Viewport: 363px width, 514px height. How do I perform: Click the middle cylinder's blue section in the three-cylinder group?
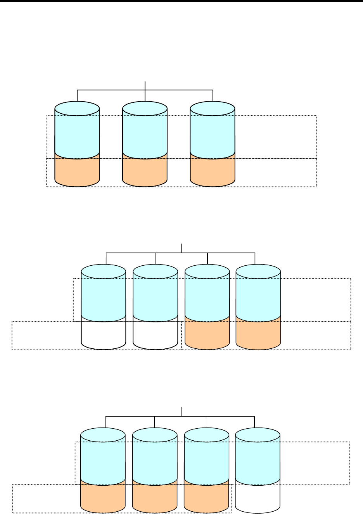(x=145, y=134)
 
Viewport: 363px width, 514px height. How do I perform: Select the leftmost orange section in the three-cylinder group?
(x=77, y=171)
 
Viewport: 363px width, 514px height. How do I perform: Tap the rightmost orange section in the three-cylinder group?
(x=213, y=171)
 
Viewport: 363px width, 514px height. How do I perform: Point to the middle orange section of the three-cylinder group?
(x=145, y=171)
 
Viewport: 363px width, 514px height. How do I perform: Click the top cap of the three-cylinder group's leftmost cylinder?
(x=77, y=108)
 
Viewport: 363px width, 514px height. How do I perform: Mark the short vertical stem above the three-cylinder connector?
(x=145, y=86)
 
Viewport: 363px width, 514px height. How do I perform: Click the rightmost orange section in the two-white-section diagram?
(x=258, y=334)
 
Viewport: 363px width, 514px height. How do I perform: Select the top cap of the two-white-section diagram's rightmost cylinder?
(x=258, y=271)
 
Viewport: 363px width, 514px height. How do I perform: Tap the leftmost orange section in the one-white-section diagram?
(x=103, y=497)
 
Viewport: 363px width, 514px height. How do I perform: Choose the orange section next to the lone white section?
(x=206, y=497)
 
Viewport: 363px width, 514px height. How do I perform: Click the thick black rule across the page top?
(x=181, y=1)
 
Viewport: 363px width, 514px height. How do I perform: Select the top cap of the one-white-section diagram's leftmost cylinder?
(x=103, y=434)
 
